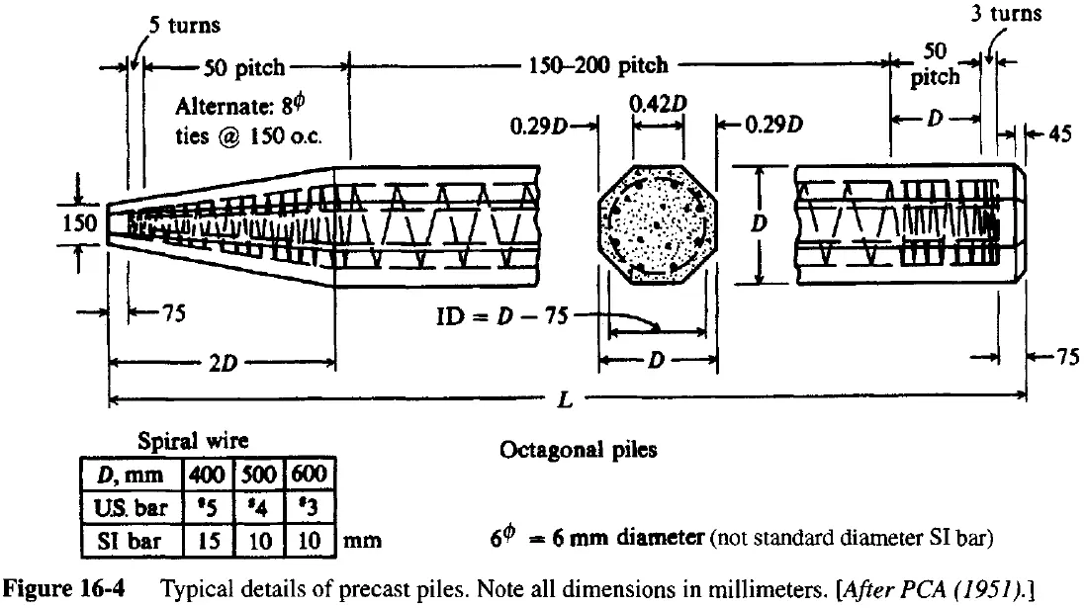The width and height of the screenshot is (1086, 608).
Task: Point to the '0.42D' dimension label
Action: (x=654, y=103)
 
